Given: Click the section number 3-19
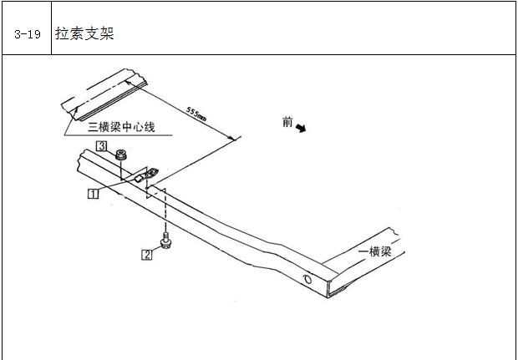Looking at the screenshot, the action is tap(28, 34).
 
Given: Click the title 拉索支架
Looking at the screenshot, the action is tap(84, 33).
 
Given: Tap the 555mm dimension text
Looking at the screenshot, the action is tap(196, 114).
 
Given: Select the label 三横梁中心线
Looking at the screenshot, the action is tap(121, 127).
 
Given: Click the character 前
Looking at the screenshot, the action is tap(287, 122).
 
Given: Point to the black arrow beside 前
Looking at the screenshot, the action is tap(301, 128).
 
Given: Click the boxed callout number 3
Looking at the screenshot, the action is tap(101, 146).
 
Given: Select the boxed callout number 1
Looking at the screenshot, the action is tap(94, 193).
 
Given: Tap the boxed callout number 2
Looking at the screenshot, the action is tap(147, 255).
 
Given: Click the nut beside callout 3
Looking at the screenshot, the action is tap(122, 155).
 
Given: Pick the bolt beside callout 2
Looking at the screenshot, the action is tap(165, 240).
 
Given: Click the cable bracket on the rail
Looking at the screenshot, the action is tap(146, 175).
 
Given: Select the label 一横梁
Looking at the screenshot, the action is tap(375, 251).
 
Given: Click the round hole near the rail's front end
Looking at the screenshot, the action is tap(307, 279).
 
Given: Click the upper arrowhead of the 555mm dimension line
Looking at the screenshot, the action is tap(128, 82).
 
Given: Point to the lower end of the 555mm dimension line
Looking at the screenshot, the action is tap(236, 139).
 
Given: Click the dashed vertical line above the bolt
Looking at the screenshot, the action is tap(165, 210).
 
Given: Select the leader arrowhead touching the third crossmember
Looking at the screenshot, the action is tap(76, 110).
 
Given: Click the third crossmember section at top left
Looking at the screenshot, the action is tap(104, 94).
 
